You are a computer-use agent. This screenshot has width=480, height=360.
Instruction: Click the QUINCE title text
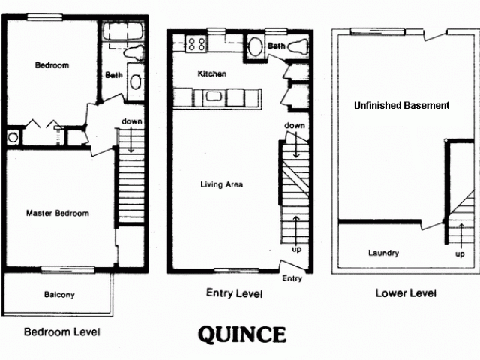pos(241,334)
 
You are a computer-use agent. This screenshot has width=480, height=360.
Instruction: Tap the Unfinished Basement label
pos(401,106)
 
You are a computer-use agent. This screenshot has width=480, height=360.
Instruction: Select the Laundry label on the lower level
pos(383,253)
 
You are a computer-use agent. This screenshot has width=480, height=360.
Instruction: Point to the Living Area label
pos(221,184)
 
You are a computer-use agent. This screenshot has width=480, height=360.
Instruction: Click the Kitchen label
pos(211,74)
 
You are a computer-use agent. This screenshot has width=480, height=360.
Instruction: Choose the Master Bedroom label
pos(57,214)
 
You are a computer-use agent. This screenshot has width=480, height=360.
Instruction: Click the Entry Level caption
pos(234,293)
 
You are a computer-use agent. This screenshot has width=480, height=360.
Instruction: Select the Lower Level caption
pos(405,293)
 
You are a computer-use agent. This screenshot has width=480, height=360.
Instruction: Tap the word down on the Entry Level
pos(294,125)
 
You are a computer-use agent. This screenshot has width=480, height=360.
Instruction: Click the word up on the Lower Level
pos(460,253)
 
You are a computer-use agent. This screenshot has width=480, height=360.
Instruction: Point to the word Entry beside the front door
pos(292,278)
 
